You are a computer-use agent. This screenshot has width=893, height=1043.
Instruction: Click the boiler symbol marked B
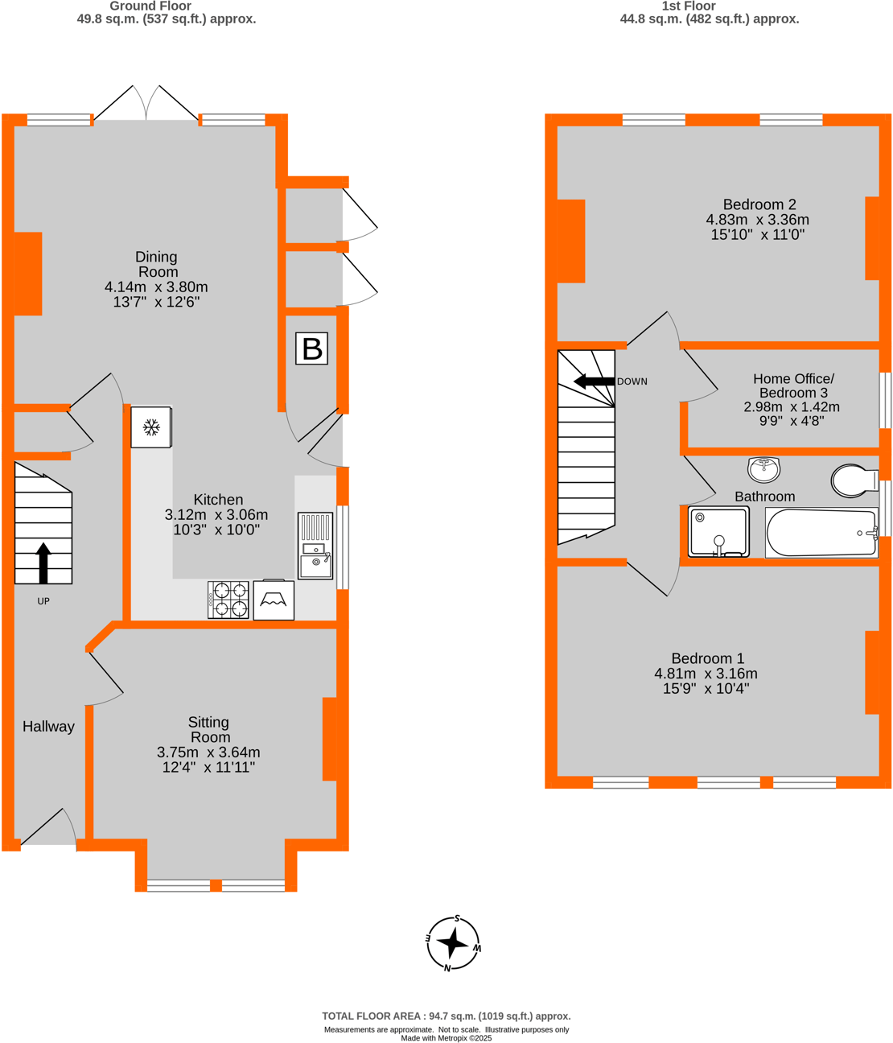click(x=311, y=348)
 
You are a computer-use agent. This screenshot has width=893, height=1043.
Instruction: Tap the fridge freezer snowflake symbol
click(x=151, y=427)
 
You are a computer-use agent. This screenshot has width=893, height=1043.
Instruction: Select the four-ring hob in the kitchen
click(x=228, y=600)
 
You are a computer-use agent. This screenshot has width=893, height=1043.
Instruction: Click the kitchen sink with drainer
click(x=315, y=546)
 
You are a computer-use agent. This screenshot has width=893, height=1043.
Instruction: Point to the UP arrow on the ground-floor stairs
click(x=43, y=563)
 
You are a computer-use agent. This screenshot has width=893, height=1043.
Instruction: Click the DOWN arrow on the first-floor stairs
click(x=594, y=381)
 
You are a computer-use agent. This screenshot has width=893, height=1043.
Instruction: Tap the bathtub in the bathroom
click(x=821, y=533)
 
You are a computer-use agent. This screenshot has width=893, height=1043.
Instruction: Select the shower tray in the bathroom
click(x=719, y=532)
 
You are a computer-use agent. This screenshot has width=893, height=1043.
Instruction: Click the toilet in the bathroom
click(x=853, y=480)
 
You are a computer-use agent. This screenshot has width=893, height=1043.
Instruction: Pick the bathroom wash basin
click(x=763, y=468)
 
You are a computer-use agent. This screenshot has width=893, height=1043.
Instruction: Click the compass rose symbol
click(x=453, y=942)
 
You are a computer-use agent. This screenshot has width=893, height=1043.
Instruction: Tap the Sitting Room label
click(x=209, y=729)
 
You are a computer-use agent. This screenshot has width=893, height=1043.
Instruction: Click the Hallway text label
click(x=48, y=726)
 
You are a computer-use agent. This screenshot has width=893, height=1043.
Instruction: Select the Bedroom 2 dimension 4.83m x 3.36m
click(x=757, y=220)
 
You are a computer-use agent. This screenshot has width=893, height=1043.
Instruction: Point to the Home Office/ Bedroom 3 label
click(x=792, y=385)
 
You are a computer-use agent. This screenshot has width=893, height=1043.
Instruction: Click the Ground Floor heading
click(x=150, y=6)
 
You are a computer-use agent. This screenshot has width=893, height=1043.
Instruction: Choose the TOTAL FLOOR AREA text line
click(x=446, y=1016)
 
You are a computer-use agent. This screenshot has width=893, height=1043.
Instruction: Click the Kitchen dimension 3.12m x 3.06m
click(x=216, y=514)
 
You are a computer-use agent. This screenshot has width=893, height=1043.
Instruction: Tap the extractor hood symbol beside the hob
click(x=274, y=600)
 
